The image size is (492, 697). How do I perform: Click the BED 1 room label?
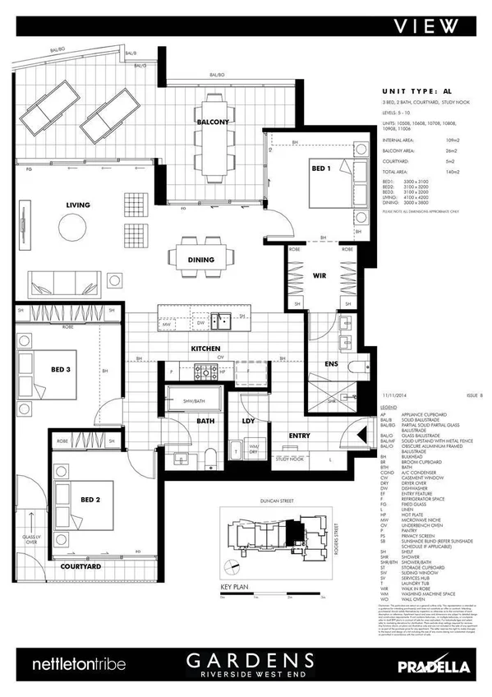click(321, 168)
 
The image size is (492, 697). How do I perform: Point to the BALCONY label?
click(213, 122)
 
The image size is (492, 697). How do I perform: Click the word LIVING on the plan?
click(78, 205)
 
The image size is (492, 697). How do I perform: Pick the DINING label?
click(200, 260)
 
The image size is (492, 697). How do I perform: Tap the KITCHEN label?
click(205, 349)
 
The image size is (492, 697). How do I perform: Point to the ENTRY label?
click(300, 436)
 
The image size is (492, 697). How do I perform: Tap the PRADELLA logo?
click(436, 663)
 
